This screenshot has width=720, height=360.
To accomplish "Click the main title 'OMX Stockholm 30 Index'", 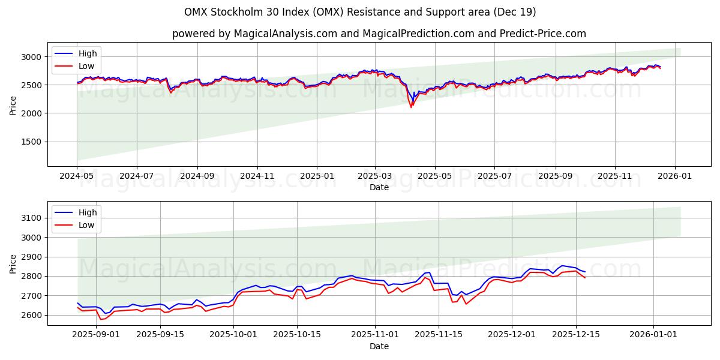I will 360,12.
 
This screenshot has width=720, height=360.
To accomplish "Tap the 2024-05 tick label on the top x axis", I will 77,176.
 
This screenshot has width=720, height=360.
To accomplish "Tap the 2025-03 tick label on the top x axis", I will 375,176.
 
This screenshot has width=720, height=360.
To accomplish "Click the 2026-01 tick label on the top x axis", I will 675,176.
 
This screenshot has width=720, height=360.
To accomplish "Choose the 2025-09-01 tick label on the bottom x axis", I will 96,334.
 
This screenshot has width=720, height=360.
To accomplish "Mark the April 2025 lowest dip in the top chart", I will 411,107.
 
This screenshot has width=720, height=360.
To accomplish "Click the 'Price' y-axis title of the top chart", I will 13,105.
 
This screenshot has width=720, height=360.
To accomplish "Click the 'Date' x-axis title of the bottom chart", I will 379,346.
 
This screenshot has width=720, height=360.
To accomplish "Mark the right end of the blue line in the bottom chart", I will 585,272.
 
